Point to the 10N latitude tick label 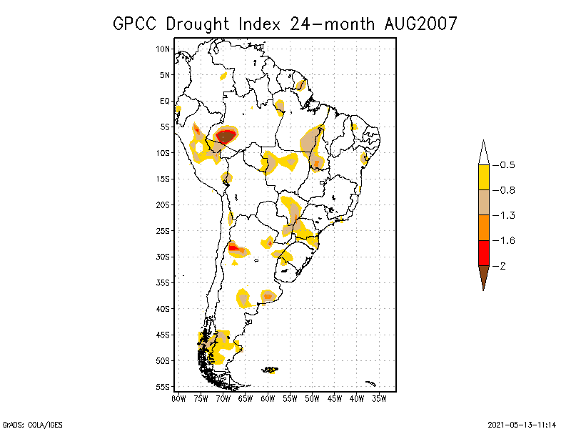pyautogui.click(x=163, y=49)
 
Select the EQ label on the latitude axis pyautogui.click(x=165, y=101)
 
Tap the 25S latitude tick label pyautogui.click(x=163, y=231)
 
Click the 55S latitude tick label pyautogui.click(x=163, y=387)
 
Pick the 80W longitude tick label pyautogui.click(x=178, y=398)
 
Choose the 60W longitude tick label pyautogui.click(x=268, y=398)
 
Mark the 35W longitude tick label pyautogui.click(x=379, y=398)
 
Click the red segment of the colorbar pyautogui.click(x=483, y=253)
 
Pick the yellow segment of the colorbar pyautogui.click(x=483, y=177)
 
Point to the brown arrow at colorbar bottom pyautogui.click(x=483, y=276)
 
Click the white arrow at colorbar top pyautogui.click(x=483, y=153)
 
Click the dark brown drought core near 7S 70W pyautogui.click(x=226, y=136)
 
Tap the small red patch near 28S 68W pyautogui.click(x=233, y=247)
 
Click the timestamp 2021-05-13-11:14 pyautogui.click(x=522, y=423)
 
